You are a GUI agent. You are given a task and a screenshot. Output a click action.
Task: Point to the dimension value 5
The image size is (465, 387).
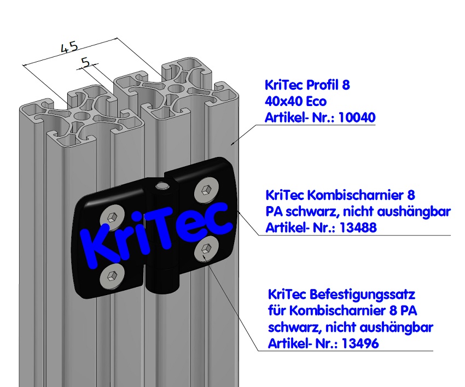tap(85, 62)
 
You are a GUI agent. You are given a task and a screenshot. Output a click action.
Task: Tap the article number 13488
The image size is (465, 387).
tap(358, 228)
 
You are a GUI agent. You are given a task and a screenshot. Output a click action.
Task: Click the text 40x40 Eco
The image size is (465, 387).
tap(295, 102)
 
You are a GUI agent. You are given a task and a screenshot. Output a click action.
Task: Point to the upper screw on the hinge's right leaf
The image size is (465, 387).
tap(205, 189)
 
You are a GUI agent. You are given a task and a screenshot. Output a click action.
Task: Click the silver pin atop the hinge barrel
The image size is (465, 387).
tap(161, 186)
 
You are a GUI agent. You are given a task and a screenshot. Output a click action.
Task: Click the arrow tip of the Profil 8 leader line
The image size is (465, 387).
tap(232, 144)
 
